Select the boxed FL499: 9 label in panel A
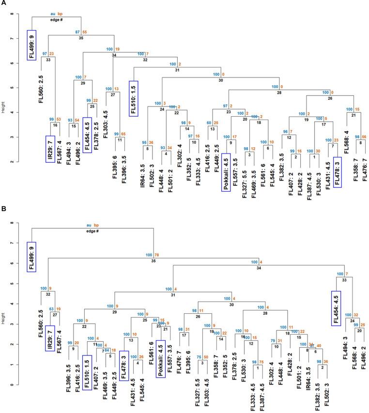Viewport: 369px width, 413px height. click(x=32, y=45)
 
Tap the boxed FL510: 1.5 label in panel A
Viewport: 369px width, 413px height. click(x=134, y=98)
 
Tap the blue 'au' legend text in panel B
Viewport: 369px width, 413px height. click(x=89, y=225)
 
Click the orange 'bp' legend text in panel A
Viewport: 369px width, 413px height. click(x=62, y=14)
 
